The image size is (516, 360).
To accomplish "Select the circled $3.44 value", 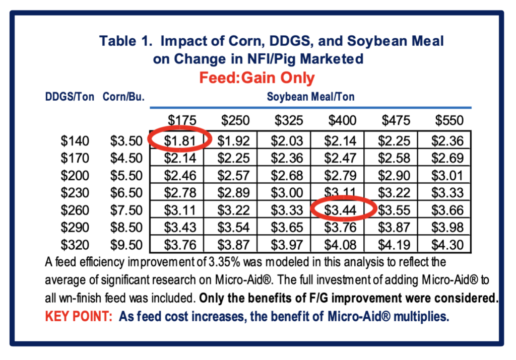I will [x=342, y=209].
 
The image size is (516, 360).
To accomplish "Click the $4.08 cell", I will [x=342, y=245].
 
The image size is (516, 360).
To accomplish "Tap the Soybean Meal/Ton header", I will [x=310, y=97].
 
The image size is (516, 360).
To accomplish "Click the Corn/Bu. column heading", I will [x=124, y=97].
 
